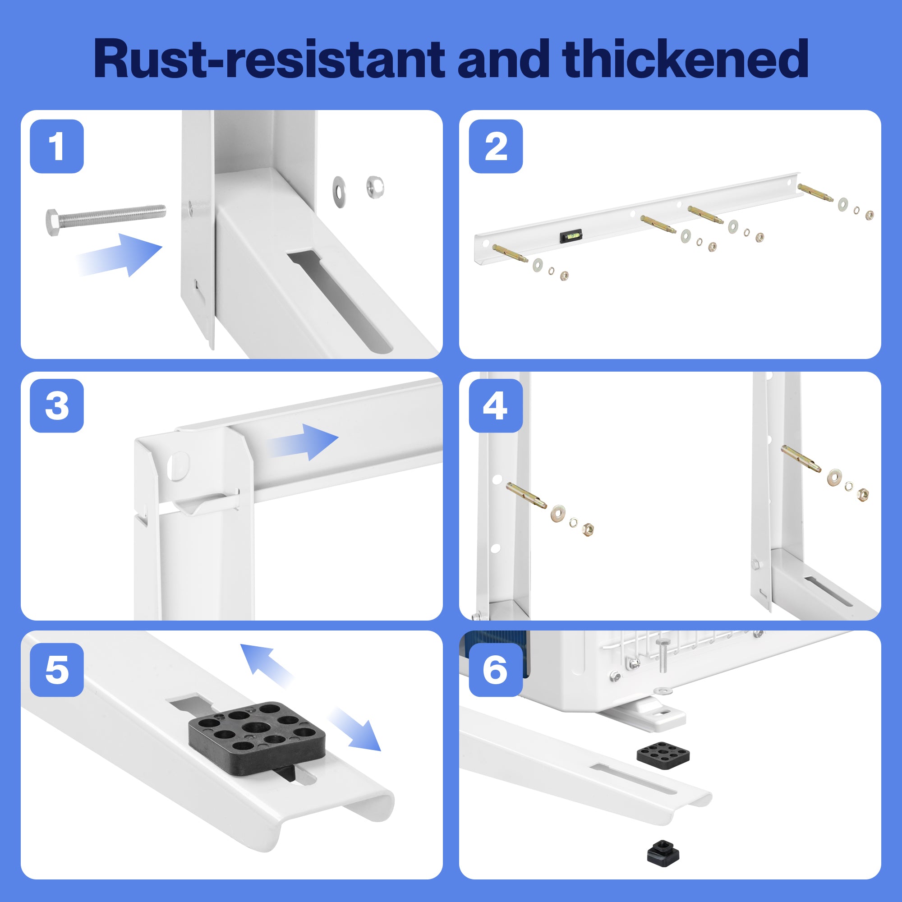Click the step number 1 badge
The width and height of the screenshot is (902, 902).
pyautogui.click(x=56, y=146)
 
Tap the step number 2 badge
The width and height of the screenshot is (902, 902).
pyautogui.click(x=495, y=146)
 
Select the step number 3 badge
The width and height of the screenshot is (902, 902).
pyautogui.click(x=56, y=405)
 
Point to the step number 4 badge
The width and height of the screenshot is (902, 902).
pyautogui.click(x=495, y=405)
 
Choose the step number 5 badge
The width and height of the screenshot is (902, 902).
pyautogui.click(x=56, y=669)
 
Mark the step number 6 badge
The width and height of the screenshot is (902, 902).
pyautogui.click(x=495, y=669)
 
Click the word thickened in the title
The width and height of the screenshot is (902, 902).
pyautogui.click(x=685, y=59)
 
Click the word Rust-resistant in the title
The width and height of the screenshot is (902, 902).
pyautogui.click(x=268, y=59)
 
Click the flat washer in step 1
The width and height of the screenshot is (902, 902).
pyautogui.click(x=340, y=191)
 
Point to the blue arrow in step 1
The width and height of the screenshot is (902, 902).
pyautogui.click(x=124, y=254)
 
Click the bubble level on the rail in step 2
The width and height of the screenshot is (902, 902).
pyautogui.click(x=571, y=235)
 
